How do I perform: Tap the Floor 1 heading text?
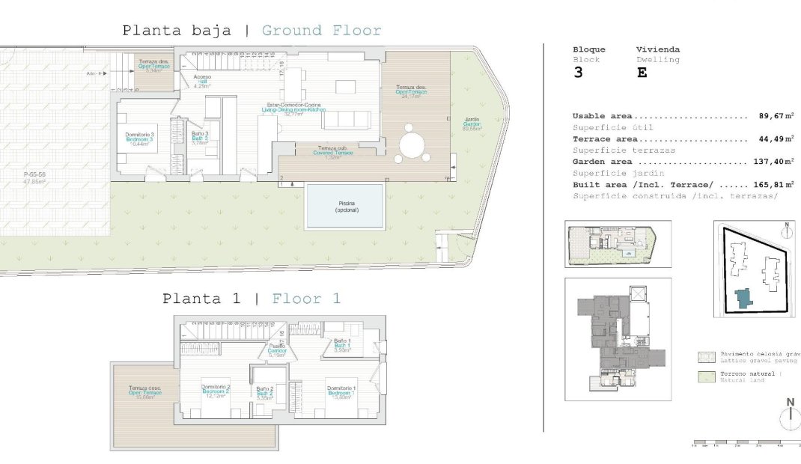[x=306, y=299]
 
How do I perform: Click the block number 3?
[x=578, y=73]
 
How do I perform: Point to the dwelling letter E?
[x=642, y=73]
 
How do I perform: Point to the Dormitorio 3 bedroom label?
[x=139, y=138]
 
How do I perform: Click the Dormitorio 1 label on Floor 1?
[x=341, y=391]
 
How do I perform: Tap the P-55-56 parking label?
[x=34, y=177]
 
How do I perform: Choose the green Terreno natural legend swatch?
[x=704, y=377]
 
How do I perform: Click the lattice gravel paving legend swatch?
[x=704, y=356]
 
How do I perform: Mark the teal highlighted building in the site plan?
[x=743, y=298]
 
